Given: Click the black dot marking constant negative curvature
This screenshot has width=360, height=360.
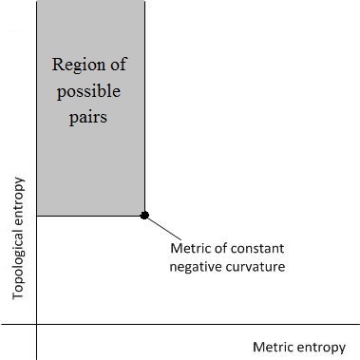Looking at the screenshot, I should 144,216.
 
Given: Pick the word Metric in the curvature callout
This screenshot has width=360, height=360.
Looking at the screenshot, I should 190,249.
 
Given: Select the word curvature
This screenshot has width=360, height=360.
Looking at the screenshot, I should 255,266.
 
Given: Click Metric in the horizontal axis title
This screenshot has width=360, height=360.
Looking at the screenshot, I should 274,347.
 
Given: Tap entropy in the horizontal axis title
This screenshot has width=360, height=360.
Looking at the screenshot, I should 322,348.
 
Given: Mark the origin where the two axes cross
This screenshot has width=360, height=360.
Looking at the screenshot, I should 36,325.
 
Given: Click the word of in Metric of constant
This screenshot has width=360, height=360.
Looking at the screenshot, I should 221,249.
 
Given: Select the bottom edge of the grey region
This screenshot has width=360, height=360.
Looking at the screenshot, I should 90,216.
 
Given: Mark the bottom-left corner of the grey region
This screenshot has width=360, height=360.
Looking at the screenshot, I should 36,216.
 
